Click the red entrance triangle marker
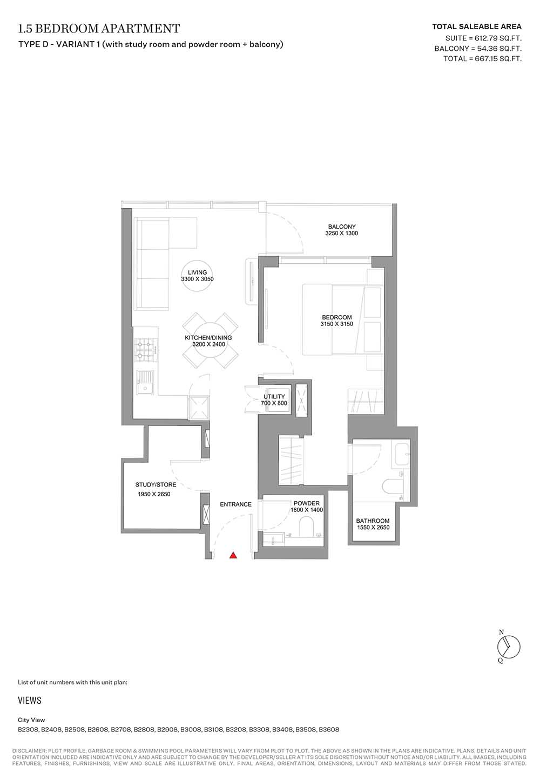click(233, 555)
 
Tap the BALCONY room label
click(342, 227)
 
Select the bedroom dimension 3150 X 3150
click(337, 324)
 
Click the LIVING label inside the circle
click(198, 272)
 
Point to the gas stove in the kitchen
click(146, 349)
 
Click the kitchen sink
click(145, 382)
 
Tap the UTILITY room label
click(274, 396)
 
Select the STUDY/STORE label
click(156, 484)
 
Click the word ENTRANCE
click(235, 504)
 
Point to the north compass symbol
click(508, 647)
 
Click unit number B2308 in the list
click(29, 729)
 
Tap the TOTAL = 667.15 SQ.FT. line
click(482, 58)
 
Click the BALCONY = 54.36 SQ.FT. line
click(478, 48)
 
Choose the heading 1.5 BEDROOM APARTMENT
click(99, 28)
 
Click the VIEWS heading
click(30, 700)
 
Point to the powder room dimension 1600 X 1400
click(307, 510)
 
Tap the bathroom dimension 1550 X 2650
click(373, 527)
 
